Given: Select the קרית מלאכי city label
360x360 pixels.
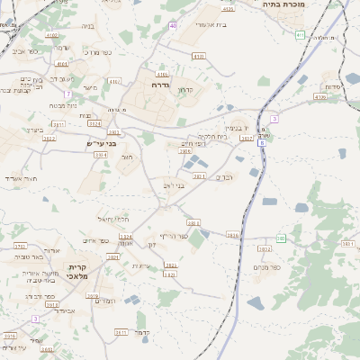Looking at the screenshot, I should click(x=76, y=273).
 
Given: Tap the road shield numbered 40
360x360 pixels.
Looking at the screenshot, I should click(x=172, y=25).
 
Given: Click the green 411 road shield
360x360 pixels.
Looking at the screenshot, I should click(x=300, y=34).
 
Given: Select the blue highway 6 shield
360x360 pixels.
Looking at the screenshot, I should click(x=262, y=142).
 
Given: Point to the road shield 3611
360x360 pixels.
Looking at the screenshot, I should click(x=121, y=332).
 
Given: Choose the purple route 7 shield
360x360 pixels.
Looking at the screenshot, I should click(x=274, y=119).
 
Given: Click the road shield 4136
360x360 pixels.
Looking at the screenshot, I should click(x=320, y=96).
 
